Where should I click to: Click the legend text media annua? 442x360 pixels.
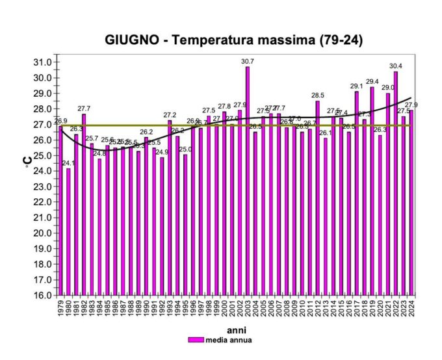coord(228,339)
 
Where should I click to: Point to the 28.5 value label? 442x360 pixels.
coord(318,96)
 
